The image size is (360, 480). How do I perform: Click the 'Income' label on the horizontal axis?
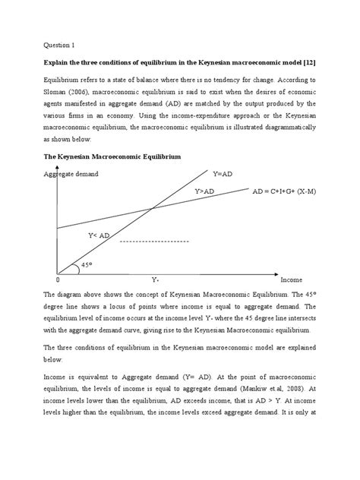click(x=291, y=280)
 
